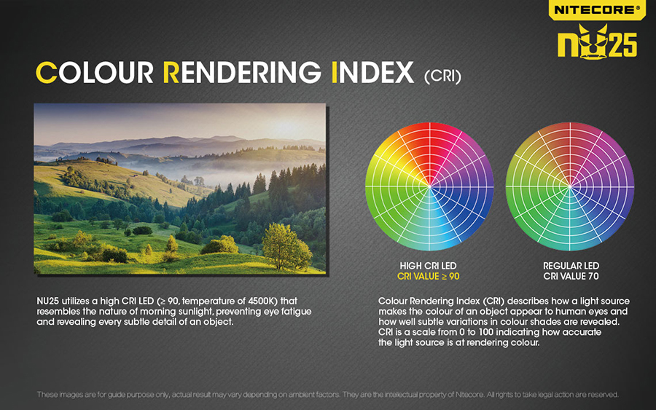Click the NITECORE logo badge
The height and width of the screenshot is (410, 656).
pos(597,9)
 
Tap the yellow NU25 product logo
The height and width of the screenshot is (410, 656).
pos(597,42)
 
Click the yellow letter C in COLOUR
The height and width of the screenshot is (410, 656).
pos(47,73)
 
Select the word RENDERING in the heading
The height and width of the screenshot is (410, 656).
pos(242,73)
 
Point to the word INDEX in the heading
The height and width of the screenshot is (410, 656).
pos(372,73)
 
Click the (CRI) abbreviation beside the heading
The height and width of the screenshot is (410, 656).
pos(442,76)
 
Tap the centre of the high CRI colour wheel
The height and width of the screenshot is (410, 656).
pos(429,186)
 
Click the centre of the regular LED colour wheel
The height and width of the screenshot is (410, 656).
pos(570,186)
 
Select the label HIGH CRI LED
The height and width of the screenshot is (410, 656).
pos(428,266)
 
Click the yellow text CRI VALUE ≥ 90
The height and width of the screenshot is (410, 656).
pos(429,276)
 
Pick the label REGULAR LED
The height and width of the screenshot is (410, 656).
pos(571,266)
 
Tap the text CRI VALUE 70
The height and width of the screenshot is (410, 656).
pos(571,276)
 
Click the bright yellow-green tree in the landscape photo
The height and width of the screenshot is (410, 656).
pos(286,247)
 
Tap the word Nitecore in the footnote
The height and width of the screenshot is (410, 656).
pos(470,395)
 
